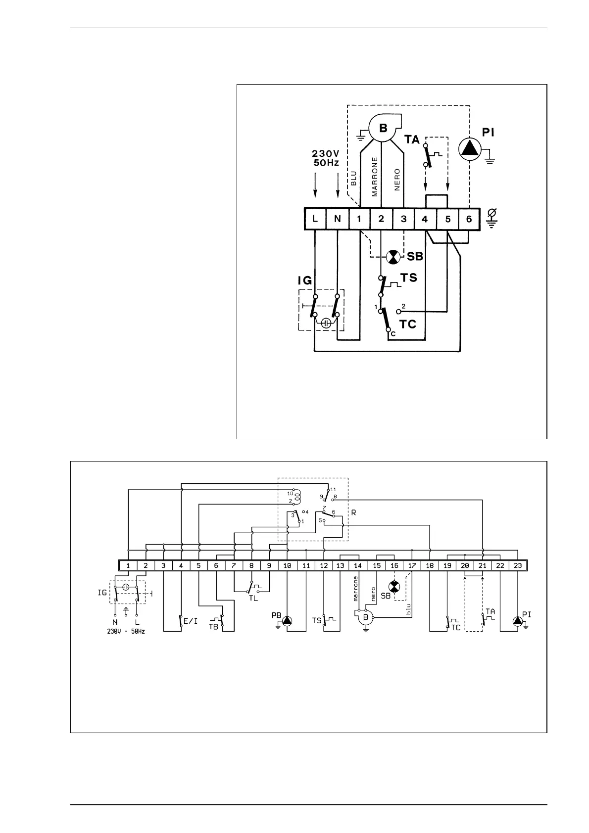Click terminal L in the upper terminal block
(315, 219)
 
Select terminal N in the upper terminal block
(337, 219)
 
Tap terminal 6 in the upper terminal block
(469, 219)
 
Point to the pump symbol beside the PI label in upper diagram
(469, 148)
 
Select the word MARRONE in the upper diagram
(375, 177)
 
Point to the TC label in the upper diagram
(408, 324)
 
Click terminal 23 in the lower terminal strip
(518, 565)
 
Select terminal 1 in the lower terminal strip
(128, 565)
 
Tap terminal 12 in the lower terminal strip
(323, 565)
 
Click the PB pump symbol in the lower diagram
(288, 621)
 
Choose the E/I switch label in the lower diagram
(191, 621)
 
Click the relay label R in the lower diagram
(353, 513)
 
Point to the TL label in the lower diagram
(253, 598)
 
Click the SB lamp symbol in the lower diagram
(394, 587)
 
